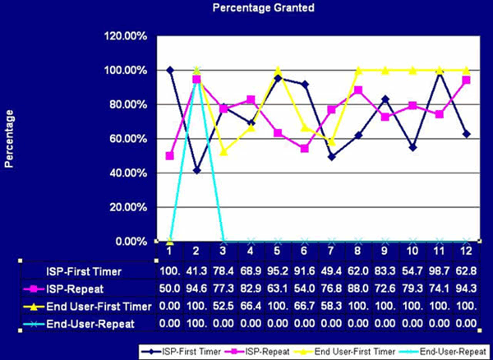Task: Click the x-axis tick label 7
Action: click(330, 249)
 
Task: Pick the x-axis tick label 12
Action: click(466, 249)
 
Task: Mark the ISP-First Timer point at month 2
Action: click(197, 170)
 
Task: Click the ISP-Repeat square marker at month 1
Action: click(170, 155)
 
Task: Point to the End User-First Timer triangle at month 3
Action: click(223, 151)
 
